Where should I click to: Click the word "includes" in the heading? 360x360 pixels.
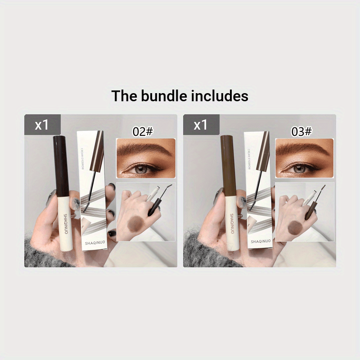pyautogui.click(x=220, y=96)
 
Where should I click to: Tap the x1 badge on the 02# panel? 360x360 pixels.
pyautogui.click(x=42, y=125)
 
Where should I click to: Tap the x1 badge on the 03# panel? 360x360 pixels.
pyautogui.click(x=201, y=125)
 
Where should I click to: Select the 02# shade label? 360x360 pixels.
pyautogui.click(x=143, y=131)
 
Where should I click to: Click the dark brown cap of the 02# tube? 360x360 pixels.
pyautogui.click(x=59, y=166)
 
